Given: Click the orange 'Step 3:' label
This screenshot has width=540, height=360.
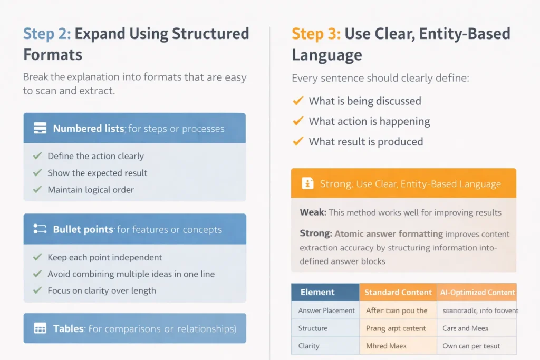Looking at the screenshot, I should pos(315,34).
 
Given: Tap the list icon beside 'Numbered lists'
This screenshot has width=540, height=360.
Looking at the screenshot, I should pos(40,128).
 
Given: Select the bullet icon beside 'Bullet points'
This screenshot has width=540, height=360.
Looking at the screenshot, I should pos(40,229).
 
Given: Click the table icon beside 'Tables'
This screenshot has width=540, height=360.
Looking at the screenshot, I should pos(40,328).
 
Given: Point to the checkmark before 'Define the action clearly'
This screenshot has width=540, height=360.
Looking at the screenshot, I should pos(37,156).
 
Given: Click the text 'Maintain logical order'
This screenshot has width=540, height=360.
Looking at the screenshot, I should pos(91,190).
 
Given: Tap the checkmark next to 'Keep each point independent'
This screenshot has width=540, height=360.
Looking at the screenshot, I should pos(37,257).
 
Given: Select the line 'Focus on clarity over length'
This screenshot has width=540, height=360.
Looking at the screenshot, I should pos(102,290).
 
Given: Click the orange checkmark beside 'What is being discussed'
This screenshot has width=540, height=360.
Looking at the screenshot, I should pos(297,101).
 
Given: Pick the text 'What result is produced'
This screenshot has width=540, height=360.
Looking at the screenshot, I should pos(365,142).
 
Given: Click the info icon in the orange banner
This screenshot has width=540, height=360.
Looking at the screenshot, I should pos(307,183).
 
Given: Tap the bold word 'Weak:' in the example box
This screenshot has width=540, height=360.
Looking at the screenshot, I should pos(313,212).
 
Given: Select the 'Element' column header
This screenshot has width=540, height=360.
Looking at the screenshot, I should pos(317,292).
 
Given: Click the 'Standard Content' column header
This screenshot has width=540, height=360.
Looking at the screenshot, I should pos(398,292).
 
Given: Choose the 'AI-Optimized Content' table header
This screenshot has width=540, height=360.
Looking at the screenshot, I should pos(477,292).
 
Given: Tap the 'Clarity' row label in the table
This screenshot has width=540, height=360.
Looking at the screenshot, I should pos(309,346).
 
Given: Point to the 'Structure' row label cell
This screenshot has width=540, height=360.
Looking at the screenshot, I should pos(313,328).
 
